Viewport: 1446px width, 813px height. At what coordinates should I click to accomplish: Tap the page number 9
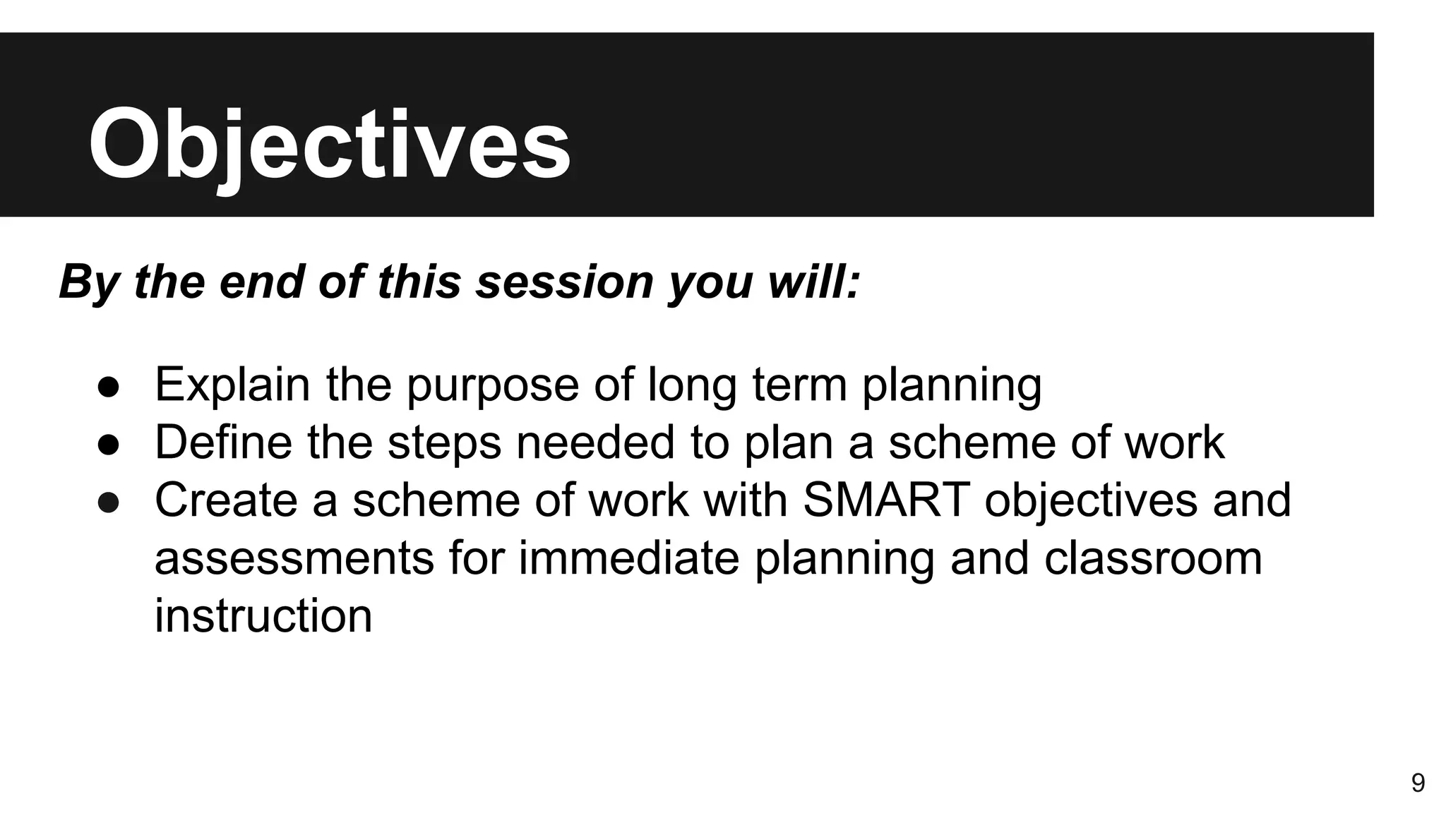coord(1418,783)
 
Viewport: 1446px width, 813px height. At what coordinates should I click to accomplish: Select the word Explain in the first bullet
coord(232,385)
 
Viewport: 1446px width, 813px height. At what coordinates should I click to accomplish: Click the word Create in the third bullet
coord(226,500)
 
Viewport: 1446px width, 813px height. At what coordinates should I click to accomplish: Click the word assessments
coord(294,558)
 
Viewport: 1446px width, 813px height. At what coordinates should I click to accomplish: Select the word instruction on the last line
coord(263,615)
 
